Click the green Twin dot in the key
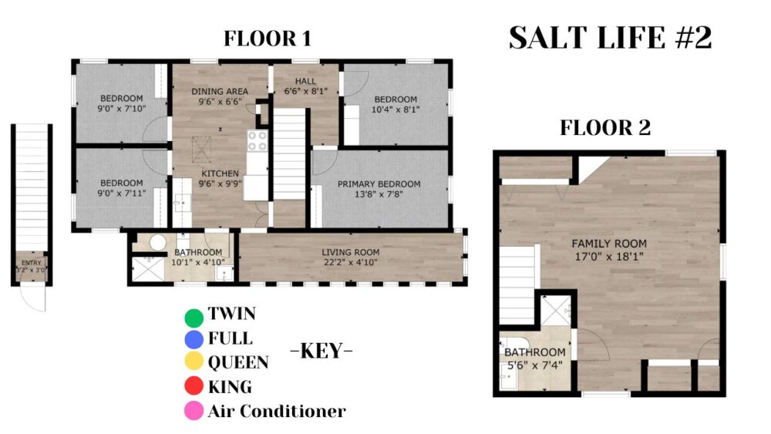tap(194, 318)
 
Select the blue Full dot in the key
tap(194, 340)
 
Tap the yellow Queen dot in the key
tap(194, 362)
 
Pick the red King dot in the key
tap(194, 386)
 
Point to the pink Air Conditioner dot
tap(194, 410)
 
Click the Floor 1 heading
tap(268, 39)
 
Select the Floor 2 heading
tap(605, 128)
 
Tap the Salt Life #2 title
tap(610, 38)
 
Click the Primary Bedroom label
tap(379, 183)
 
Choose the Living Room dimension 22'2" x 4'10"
tap(351, 262)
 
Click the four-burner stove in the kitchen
tap(258, 140)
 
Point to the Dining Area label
tap(220, 92)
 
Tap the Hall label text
tap(306, 81)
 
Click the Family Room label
tap(609, 244)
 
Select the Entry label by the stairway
tap(32, 263)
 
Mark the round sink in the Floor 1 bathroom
tap(158, 242)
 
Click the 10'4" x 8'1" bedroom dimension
tap(396, 109)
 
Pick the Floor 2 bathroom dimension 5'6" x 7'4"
tap(535, 365)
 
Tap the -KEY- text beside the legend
tap(322, 351)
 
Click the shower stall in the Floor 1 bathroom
tap(148, 269)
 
